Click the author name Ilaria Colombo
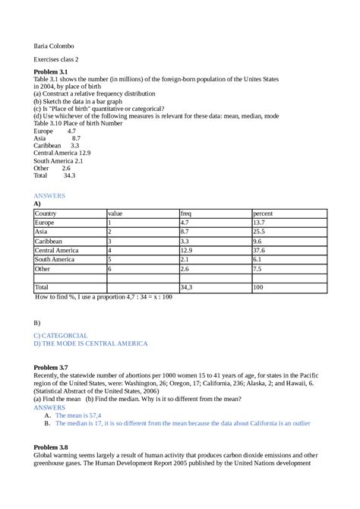pos(53,46)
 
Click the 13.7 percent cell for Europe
pos(259,223)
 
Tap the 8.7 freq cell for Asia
pos(185,232)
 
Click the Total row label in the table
pos(42,287)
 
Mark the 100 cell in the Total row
pos(258,287)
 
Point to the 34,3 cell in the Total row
pos(187,287)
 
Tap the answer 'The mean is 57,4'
pos(80,416)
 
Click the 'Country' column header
pos(46,213)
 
